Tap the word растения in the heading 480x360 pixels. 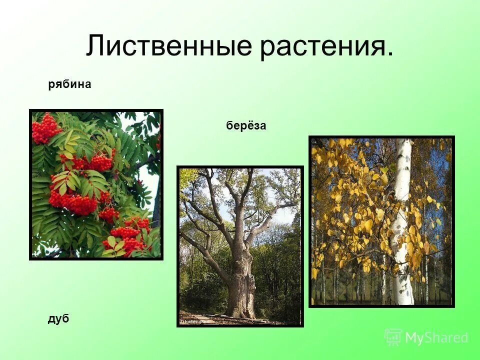322,46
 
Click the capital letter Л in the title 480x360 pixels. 96,46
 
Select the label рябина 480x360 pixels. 69,84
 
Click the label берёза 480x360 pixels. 246,126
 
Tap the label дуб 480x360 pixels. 58,319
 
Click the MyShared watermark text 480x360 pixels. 436,338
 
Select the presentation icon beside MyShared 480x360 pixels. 393,337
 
